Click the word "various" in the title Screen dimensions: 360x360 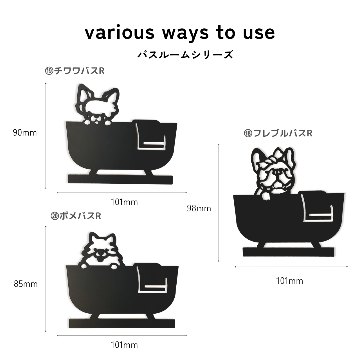click(120, 33)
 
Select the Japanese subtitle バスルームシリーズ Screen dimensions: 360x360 click(186, 55)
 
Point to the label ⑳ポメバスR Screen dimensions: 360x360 click(76, 216)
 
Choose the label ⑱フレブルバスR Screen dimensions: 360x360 click(278, 133)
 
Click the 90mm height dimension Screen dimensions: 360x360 click(25, 133)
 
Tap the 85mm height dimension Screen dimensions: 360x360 click(26, 284)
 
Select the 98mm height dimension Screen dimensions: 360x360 click(199, 208)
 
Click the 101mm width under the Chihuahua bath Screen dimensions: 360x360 click(124, 202)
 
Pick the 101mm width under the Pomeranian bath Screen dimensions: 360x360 click(124, 345)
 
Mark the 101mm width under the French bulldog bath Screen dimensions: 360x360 click(290, 281)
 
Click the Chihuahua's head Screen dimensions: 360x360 click(97, 104)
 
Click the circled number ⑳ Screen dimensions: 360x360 click(55, 216)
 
